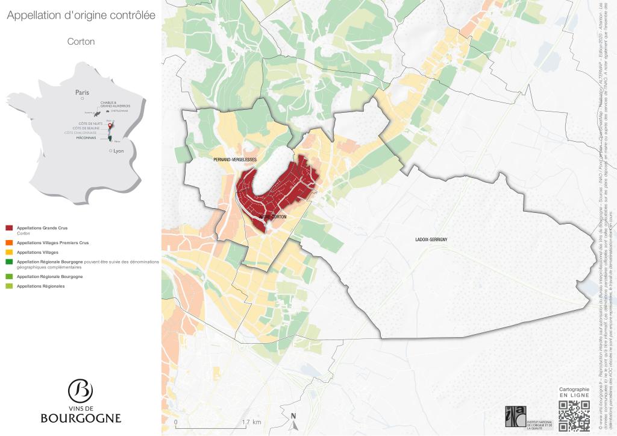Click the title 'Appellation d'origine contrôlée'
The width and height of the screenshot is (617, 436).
81,16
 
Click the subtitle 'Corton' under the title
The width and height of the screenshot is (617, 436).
81,42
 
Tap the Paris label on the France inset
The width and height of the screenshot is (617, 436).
82,92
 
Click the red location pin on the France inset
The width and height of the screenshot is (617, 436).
109,126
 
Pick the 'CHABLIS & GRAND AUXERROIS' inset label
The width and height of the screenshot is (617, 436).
115,104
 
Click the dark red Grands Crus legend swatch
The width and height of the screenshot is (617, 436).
9,228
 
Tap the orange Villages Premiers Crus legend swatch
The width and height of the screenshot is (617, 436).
9,242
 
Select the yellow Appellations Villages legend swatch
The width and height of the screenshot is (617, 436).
9,252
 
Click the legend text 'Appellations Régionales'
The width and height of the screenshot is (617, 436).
41,286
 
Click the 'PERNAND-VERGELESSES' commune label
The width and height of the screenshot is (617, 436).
235,159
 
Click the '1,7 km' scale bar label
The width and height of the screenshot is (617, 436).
251,422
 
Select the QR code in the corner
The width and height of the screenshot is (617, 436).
574,416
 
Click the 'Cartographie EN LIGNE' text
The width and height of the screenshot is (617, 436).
574,392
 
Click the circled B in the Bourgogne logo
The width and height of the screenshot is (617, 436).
80,391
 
